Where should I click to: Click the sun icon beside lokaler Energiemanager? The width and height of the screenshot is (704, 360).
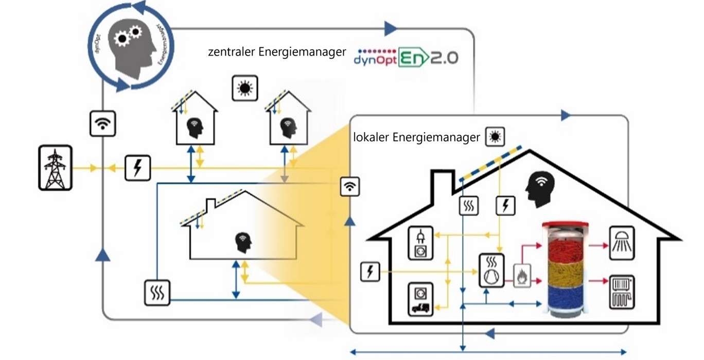495,137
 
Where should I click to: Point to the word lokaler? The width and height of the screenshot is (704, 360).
372,138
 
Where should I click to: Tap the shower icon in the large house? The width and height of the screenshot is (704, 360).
622,243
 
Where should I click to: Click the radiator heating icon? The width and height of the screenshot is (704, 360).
622,292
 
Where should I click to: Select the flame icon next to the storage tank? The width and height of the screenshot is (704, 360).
522,276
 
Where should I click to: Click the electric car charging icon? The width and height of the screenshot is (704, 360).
420,299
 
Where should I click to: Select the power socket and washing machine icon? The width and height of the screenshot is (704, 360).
420,243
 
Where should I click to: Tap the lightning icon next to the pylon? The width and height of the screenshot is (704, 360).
138,168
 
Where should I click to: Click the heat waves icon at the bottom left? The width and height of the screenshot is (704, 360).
157,293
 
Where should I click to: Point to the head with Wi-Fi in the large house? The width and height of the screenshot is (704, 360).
538,189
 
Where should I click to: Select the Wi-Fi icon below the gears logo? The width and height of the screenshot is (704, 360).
103,123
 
